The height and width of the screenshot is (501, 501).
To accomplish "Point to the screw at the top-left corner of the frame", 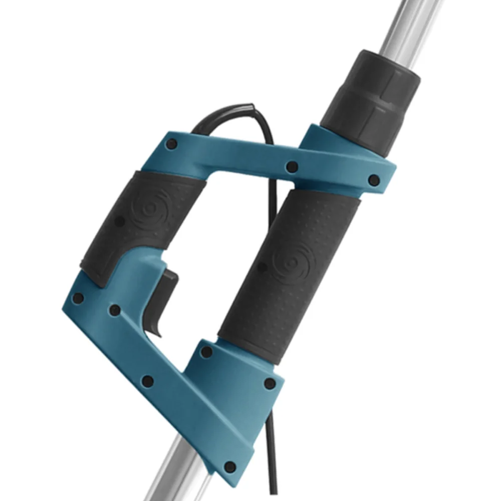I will [x=172, y=144].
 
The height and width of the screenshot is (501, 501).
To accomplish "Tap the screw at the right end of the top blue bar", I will [x=373, y=179].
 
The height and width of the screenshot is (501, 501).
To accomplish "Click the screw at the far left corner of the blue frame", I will [x=78, y=299].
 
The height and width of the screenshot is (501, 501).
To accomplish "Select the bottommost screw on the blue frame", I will [x=229, y=467].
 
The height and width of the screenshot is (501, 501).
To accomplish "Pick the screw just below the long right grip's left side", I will [x=206, y=352].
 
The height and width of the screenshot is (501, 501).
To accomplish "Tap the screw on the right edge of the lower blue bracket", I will [x=270, y=384].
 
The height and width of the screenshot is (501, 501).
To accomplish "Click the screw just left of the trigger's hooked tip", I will [x=115, y=310].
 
